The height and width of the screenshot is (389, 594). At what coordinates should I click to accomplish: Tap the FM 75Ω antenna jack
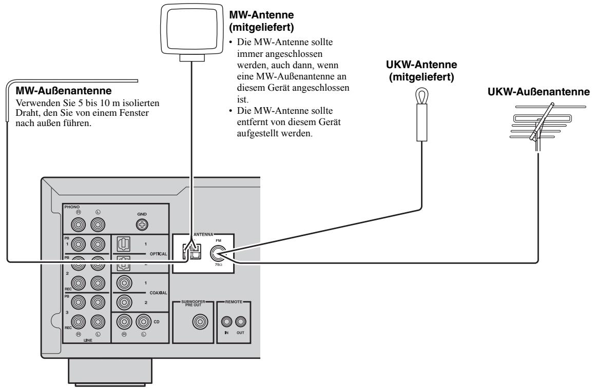(220, 252)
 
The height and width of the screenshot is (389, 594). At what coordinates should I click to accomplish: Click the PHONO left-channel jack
(98, 223)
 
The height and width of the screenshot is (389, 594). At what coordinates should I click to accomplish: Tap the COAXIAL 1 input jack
(124, 283)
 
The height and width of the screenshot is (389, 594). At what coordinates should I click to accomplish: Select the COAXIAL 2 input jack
(124, 302)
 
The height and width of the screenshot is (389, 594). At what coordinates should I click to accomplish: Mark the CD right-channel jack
(124, 321)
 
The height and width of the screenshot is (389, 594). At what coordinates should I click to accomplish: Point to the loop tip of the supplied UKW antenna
(421, 95)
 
